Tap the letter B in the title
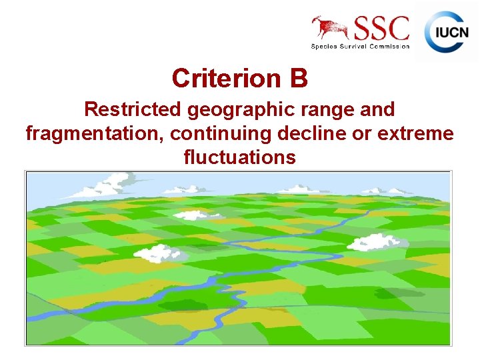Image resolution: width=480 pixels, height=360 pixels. point(299,79)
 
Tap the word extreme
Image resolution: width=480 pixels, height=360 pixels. point(416,133)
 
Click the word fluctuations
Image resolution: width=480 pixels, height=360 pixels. point(239,157)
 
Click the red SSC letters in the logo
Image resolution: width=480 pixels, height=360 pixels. point(381,29)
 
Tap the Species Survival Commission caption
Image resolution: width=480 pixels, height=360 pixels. point(360,46)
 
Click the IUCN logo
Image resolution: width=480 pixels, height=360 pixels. point(446,31)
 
